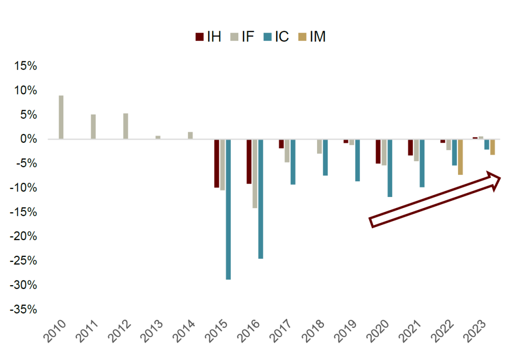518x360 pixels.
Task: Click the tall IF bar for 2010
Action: (x=61, y=117)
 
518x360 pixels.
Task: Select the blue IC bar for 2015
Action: (x=228, y=209)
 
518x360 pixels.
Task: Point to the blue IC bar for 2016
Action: (x=260, y=199)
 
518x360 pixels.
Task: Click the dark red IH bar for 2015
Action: (x=217, y=163)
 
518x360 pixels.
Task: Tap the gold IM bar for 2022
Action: (x=460, y=157)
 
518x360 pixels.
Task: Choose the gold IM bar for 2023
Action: (x=493, y=147)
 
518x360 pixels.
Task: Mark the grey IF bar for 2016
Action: (x=255, y=174)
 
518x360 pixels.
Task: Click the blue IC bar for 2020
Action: (x=390, y=168)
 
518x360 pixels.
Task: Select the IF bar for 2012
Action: (x=126, y=127)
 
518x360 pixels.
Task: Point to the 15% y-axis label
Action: (x=25, y=66)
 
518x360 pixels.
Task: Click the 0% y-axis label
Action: (x=28, y=139)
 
